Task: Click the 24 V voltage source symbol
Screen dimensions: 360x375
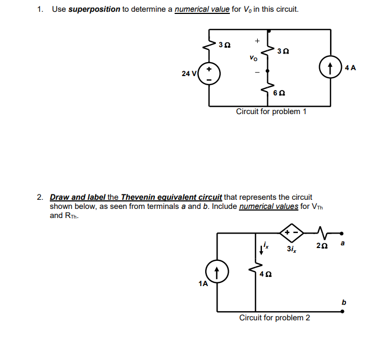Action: click(x=209, y=75)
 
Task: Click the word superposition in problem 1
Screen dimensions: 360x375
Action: click(x=94, y=10)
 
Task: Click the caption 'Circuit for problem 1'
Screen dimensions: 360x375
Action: click(x=271, y=112)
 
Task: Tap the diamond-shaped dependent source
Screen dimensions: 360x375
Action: click(x=291, y=233)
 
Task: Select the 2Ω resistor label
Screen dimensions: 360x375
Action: click(x=321, y=246)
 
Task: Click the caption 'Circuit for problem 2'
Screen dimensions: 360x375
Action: click(x=274, y=318)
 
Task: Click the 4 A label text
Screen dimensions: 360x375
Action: click(x=350, y=68)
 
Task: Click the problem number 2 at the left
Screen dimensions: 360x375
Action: click(x=40, y=198)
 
